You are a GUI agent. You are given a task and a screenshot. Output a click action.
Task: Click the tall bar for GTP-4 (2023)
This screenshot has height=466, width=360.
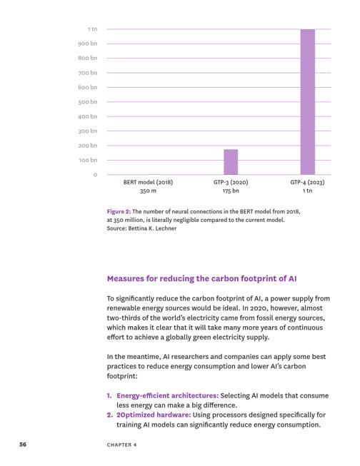(308, 102)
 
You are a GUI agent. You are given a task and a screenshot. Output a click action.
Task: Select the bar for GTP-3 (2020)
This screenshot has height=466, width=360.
(231, 162)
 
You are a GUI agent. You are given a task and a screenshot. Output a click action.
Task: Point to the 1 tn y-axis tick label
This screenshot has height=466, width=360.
(93, 29)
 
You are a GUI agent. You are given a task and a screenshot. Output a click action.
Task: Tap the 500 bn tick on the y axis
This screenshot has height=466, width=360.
(88, 102)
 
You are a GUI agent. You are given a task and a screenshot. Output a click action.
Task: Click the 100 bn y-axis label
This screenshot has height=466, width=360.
(88, 160)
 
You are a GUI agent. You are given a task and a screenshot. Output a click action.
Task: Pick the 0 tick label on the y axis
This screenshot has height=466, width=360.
(95, 175)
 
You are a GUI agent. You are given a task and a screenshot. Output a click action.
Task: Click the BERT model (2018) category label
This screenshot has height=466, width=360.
(148, 182)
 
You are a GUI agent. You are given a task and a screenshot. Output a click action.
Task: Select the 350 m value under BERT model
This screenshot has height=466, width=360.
(148, 191)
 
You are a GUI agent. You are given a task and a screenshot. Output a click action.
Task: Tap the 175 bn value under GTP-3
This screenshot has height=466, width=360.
(231, 191)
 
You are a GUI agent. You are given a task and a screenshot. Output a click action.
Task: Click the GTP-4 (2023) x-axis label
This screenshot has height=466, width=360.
(308, 182)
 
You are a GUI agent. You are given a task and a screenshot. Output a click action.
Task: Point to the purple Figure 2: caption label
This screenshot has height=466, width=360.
(119, 212)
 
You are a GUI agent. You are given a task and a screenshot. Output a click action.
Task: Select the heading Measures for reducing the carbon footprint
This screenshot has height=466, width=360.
(202, 279)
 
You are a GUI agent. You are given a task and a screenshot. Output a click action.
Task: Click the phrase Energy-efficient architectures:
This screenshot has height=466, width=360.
(168, 395)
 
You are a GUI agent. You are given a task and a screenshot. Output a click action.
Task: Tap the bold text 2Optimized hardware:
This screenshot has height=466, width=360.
(154, 415)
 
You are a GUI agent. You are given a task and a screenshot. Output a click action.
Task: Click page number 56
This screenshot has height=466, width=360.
(23, 445)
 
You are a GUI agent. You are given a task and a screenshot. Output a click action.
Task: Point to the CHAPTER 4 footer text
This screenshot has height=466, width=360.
(121, 445)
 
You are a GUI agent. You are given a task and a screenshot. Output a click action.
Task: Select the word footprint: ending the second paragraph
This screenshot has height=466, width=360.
(122, 376)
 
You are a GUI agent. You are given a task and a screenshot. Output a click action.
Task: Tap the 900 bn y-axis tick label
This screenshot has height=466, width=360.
(88, 44)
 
